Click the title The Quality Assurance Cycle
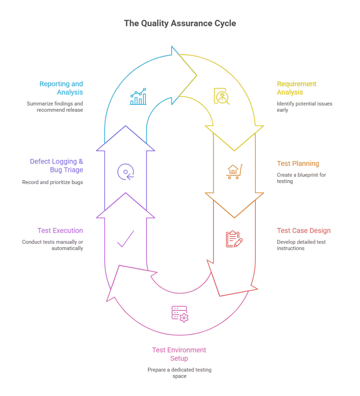click(x=180, y=23)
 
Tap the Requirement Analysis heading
click(x=296, y=88)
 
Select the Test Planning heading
click(x=298, y=164)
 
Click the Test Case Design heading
click(x=304, y=231)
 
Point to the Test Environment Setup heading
click(x=179, y=354)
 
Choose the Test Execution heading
click(x=60, y=231)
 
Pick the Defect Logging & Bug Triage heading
click(x=56, y=166)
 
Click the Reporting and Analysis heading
click(x=61, y=88)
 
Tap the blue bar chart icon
click(x=138, y=97)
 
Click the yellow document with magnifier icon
click(x=222, y=96)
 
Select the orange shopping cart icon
click(x=234, y=171)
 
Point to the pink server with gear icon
click(x=180, y=313)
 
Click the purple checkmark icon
click(x=126, y=239)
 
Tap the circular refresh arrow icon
click(x=126, y=171)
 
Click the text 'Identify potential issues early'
click(x=304, y=107)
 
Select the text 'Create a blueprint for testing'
click(x=301, y=178)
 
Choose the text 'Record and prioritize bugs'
click(x=53, y=182)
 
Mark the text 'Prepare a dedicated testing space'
click(x=179, y=373)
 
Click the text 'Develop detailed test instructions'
click(x=301, y=245)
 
